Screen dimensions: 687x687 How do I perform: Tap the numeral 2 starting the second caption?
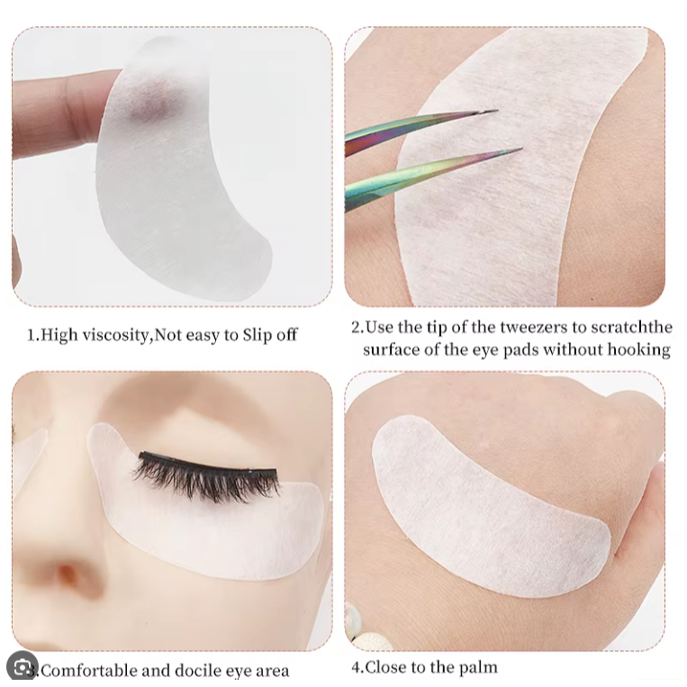tap(356, 328)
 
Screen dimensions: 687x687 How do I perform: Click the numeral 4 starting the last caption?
tap(357, 667)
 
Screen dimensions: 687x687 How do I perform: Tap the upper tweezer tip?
tap(497, 111)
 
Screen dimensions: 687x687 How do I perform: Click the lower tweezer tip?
tap(521, 149)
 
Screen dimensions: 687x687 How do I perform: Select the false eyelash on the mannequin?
tap(206, 475)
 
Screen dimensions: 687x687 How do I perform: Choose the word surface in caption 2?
tap(391, 350)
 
